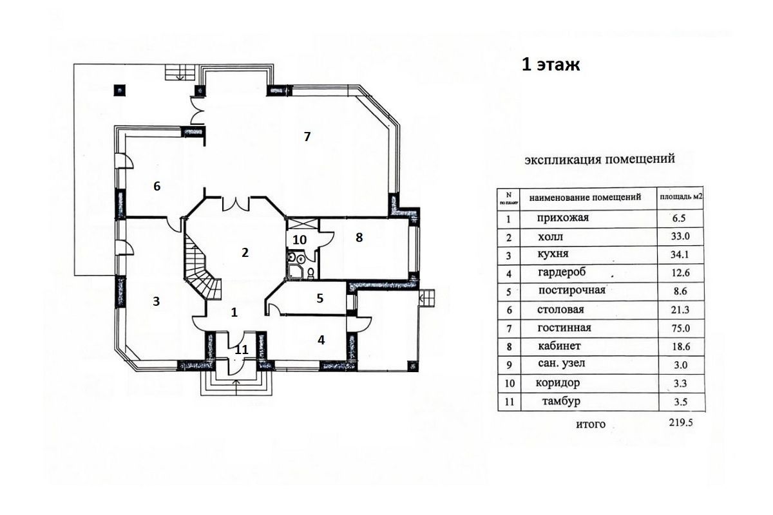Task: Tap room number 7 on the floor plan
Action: click(x=307, y=136)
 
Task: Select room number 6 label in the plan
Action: click(x=157, y=186)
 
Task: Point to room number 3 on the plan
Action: click(x=157, y=301)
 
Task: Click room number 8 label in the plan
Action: click(x=359, y=238)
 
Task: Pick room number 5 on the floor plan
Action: click(x=320, y=298)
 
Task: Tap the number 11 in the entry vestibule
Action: click(x=242, y=350)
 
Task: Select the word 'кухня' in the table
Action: click(x=553, y=254)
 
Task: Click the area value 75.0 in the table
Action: click(x=680, y=328)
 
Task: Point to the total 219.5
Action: click(x=681, y=422)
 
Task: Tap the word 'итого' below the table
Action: click(x=591, y=424)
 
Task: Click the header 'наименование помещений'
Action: click(x=586, y=197)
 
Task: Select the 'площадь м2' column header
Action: click(x=682, y=197)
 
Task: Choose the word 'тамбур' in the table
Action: click(x=561, y=402)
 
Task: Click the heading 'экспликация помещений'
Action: click(x=600, y=160)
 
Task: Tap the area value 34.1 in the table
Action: click(x=680, y=254)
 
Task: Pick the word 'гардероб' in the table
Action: click(x=562, y=272)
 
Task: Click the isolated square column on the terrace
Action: click(x=119, y=90)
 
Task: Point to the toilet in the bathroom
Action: click(x=310, y=272)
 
